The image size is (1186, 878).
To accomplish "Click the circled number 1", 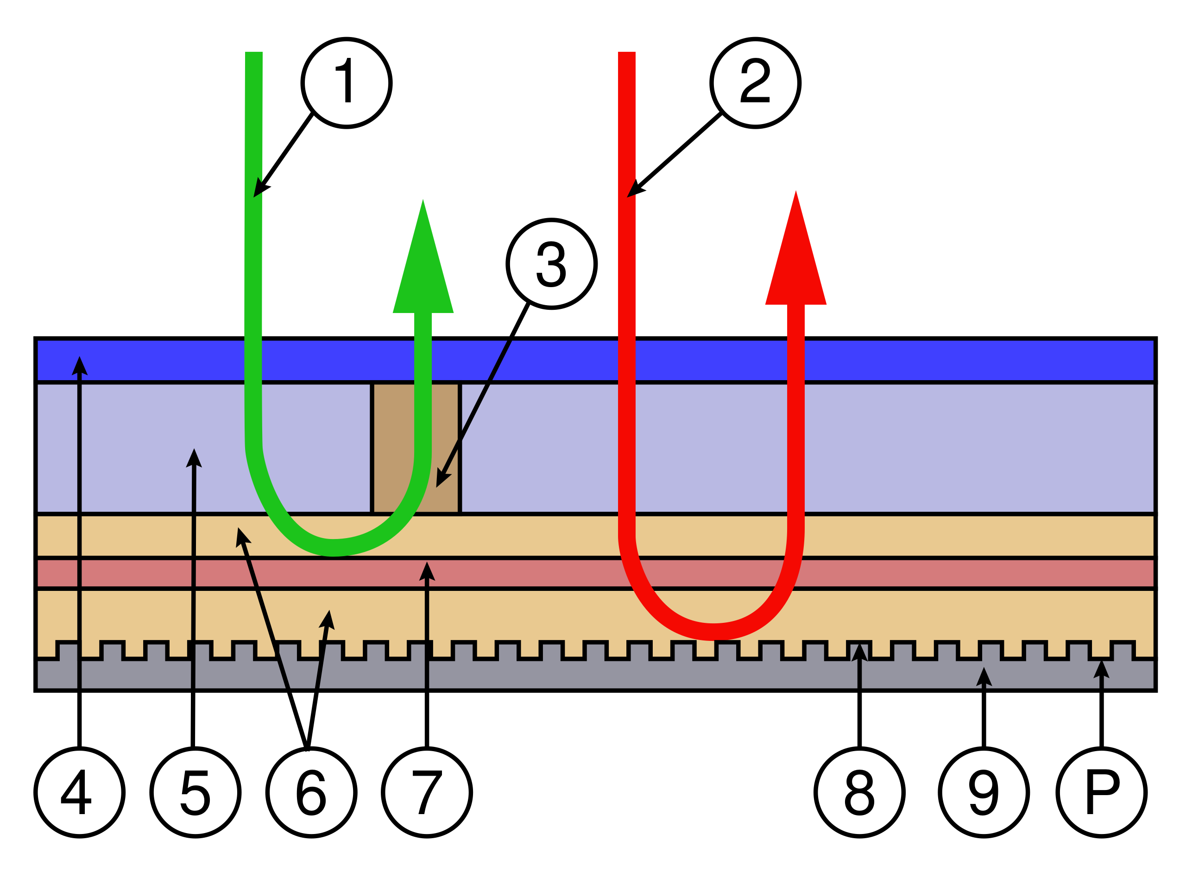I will (x=346, y=83).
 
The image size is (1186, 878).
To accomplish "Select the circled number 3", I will (x=551, y=263).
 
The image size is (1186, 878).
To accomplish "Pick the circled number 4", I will (x=79, y=792).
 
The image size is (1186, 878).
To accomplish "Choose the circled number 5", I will (x=195, y=792).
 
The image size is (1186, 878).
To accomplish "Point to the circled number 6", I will (x=311, y=792).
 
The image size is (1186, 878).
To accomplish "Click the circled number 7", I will (x=426, y=792).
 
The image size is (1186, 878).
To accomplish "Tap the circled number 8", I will (x=859, y=792).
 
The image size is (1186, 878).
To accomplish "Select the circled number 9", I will (x=984, y=792).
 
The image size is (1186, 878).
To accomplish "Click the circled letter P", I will (x=1102, y=792).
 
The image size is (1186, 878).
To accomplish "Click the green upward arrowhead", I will (x=423, y=266).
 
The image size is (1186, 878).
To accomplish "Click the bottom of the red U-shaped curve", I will (x=713, y=631).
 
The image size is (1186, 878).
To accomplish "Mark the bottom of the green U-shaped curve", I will (x=332, y=547).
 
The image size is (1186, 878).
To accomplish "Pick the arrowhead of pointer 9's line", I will (x=984, y=676).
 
